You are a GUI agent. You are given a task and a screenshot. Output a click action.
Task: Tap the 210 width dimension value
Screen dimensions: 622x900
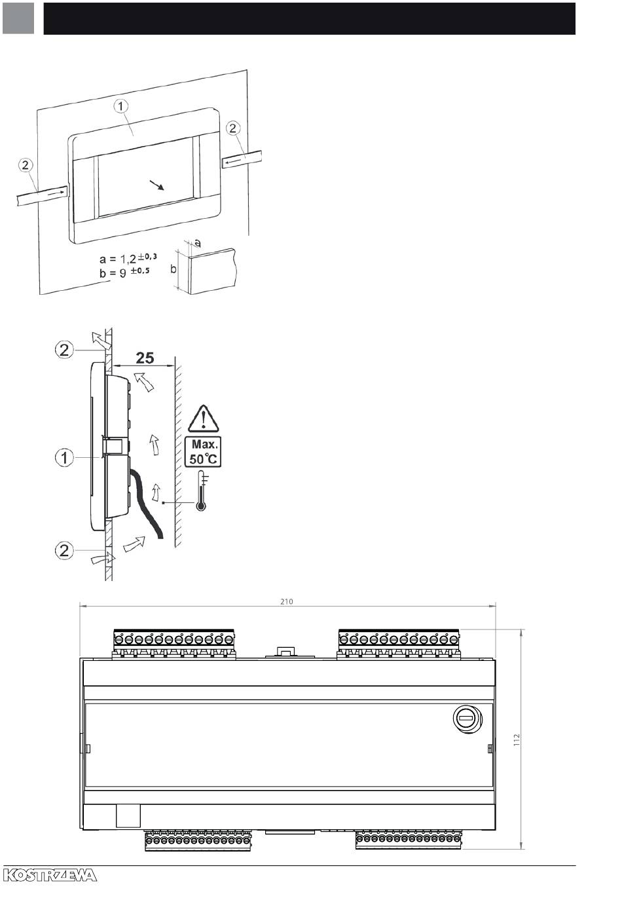point(287,601)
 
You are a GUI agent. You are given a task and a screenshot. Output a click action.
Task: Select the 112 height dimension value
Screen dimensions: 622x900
point(517,740)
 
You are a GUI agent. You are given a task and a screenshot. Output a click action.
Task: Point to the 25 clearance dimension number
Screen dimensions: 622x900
point(145,358)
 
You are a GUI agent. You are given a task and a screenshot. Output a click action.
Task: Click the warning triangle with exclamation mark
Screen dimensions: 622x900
point(204,419)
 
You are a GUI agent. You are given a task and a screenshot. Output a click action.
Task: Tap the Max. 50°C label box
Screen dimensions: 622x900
point(203,451)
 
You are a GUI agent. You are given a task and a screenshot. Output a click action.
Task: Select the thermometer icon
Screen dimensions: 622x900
point(201,491)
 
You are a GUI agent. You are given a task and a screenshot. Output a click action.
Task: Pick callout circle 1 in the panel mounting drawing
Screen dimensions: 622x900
point(121,106)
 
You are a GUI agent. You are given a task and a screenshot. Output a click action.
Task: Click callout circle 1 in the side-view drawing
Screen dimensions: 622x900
point(64,457)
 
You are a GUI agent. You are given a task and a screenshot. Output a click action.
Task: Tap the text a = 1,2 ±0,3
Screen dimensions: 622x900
point(128,258)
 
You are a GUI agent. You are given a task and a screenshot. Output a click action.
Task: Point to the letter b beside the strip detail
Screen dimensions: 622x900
point(173,269)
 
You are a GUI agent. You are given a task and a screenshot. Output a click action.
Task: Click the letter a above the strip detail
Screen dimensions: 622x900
point(197,243)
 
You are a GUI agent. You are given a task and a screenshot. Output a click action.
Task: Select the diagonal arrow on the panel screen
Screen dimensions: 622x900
point(157,185)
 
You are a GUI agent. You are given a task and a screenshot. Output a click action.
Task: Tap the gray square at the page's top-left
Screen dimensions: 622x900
point(18,18)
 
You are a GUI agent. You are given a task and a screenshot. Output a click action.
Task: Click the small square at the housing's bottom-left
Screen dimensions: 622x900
point(128,816)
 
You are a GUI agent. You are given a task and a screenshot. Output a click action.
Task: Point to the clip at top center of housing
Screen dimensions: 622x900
point(285,652)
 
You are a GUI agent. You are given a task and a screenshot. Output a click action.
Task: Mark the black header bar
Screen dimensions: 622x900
point(309,18)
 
